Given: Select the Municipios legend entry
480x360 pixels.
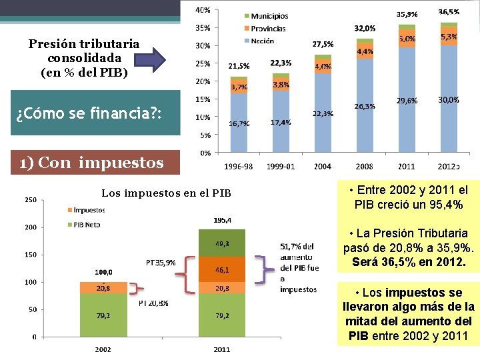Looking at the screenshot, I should click(x=265, y=16).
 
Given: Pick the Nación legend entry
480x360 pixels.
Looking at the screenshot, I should click(x=260, y=41).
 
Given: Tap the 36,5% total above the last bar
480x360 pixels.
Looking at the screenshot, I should click(x=448, y=12).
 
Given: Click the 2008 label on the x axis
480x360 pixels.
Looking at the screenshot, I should click(x=364, y=166).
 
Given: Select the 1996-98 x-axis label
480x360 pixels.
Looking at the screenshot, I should click(x=239, y=166).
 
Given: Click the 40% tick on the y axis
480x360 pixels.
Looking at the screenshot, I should click(x=203, y=10).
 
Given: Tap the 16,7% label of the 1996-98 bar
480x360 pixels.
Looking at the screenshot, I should click(x=239, y=123).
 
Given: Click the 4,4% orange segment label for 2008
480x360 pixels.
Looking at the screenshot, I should click(x=365, y=51).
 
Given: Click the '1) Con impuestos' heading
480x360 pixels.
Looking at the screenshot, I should click(x=91, y=163).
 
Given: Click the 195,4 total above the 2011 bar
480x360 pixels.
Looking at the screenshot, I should click(x=223, y=220).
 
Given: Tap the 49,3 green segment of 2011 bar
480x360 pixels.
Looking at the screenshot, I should click(x=222, y=245).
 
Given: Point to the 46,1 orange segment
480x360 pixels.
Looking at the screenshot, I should click(x=222, y=270).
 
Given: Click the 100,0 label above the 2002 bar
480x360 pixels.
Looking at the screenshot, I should click(x=103, y=272).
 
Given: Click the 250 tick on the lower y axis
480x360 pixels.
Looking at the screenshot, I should click(x=30, y=199).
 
